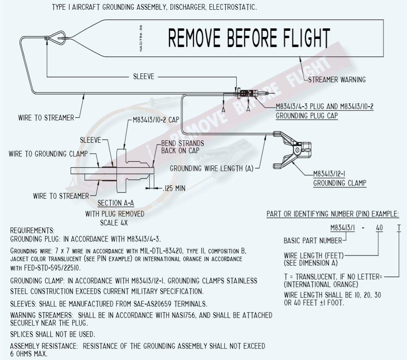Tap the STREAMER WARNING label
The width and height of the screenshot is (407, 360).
(337, 80)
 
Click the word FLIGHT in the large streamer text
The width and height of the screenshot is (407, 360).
(297, 38)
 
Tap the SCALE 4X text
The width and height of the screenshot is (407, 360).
(114, 223)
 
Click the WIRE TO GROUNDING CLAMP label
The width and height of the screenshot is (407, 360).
(49, 154)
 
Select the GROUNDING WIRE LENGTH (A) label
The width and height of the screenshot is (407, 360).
(211, 168)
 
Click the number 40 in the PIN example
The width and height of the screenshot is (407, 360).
(379, 228)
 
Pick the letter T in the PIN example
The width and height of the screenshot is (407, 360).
(399, 228)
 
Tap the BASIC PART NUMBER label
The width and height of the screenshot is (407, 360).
(313, 241)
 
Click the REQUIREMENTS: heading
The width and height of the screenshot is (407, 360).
(32, 230)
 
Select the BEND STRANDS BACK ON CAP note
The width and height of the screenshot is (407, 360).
(182, 147)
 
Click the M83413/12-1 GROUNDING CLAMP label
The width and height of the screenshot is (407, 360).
(339, 179)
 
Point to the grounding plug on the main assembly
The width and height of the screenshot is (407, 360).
(247, 93)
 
